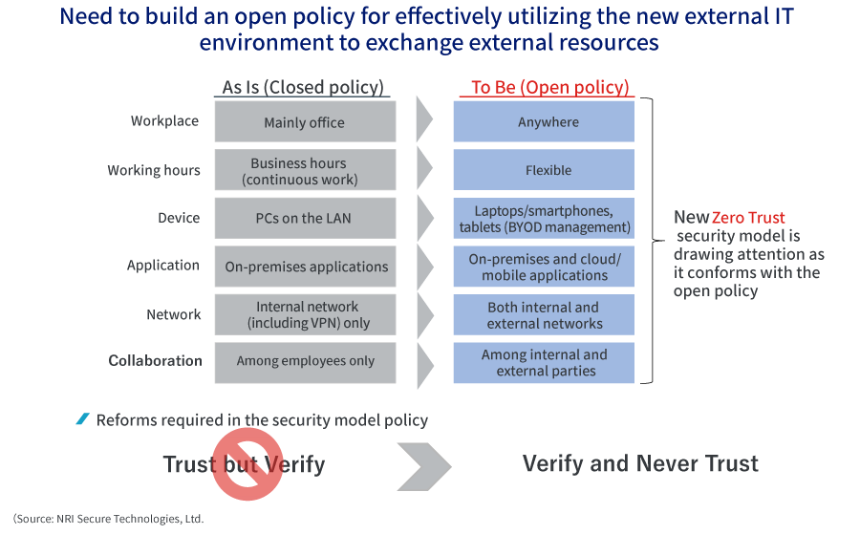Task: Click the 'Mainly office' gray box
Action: pos(305,122)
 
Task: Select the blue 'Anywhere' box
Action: pos(544,122)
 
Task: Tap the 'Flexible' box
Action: pos(544,170)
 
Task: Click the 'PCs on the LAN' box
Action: pos(305,218)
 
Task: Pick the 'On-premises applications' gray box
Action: pos(305,267)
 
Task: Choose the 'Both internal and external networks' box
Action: pos(544,314)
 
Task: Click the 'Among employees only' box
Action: pos(305,361)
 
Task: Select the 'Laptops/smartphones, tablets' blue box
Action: pos(544,218)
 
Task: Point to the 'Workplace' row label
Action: pos(164,121)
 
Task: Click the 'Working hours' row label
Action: pos(154,170)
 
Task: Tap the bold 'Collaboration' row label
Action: pos(155,360)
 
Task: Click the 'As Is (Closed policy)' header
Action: pos(303,87)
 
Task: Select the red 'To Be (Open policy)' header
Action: pos(549,87)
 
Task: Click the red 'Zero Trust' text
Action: pos(748,218)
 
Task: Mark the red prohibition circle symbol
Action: pos(247,463)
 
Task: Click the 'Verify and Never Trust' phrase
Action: pos(640,463)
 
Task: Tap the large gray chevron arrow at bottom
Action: pos(423,464)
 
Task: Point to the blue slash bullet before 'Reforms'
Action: pos(83,419)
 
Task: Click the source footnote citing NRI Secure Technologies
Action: pos(109,519)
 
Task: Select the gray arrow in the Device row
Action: pos(424,218)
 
